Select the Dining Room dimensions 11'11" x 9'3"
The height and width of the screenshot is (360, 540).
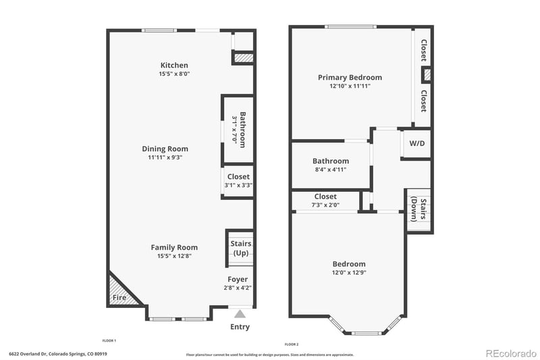pyautogui.click(x=165, y=157)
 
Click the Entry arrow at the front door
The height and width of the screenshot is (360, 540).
pyautogui.click(x=239, y=313)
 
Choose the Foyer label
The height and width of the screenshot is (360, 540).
pyautogui.click(x=238, y=279)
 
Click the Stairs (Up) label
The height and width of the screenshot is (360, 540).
pyautogui.click(x=240, y=248)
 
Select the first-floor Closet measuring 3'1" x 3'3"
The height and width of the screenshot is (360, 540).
pyautogui.click(x=238, y=181)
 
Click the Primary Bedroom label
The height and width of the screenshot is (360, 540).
pyautogui.click(x=350, y=78)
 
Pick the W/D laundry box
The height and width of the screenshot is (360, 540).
pyautogui.click(x=416, y=144)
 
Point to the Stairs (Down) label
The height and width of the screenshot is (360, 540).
pyautogui.click(x=418, y=210)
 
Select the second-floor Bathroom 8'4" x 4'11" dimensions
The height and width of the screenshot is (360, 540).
pyautogui.click(x=330, y=170)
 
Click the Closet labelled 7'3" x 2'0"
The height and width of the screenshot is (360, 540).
pyautogui.click(x=325, y=201)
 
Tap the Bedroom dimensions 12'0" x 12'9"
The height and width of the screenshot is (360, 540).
pyautogui.click(x=348, y=273)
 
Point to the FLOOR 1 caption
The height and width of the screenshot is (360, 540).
pyautogui.click(x=109, y=340)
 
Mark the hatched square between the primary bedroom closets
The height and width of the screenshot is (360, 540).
pyautogui.click(x=426, y=74)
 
